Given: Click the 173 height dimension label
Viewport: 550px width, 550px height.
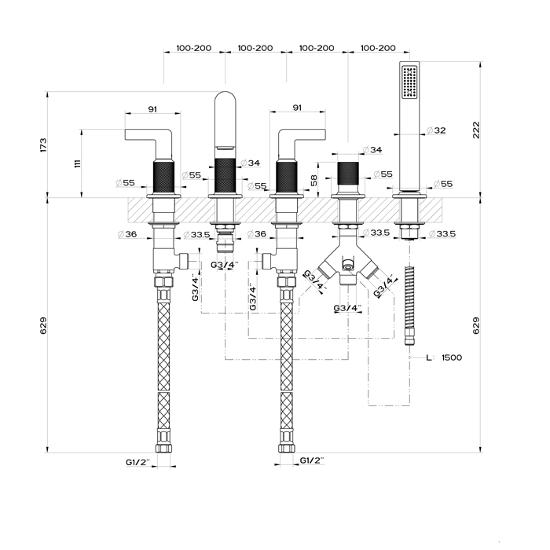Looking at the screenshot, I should click(44, 145).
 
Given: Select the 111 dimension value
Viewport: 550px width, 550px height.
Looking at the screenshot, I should click(77, 163).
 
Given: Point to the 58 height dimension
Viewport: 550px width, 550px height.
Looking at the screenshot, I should click(313, 180).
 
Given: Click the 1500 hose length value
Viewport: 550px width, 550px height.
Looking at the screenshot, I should click(451, 357).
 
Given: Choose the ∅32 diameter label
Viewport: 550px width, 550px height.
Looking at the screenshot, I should click(435, 130).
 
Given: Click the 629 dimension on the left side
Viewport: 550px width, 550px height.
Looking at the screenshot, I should click(44, 324).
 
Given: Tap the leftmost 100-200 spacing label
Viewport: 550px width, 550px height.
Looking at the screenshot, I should click(193, 48).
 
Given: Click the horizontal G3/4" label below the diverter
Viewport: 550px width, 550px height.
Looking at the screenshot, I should click(347, 307).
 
